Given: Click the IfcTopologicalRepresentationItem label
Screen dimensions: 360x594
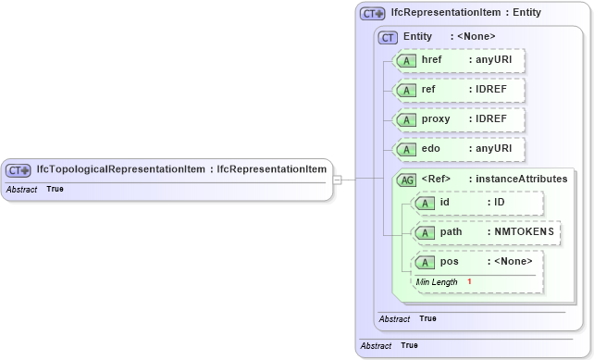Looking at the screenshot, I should [121, 169].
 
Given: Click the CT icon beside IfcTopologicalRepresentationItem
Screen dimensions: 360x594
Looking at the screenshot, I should [19, 170].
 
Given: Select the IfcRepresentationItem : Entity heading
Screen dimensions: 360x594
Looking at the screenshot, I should [466, 13].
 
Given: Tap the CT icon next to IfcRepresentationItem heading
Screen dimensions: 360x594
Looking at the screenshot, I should [373, 14].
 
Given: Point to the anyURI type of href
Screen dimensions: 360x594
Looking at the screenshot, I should [493, 60].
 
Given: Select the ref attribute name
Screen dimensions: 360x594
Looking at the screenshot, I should [428, 90].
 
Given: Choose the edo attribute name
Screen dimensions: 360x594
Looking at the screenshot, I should [430, 149].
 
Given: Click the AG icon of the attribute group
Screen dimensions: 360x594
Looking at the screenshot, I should [406, 180].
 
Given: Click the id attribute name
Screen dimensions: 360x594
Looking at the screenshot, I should [444, 202].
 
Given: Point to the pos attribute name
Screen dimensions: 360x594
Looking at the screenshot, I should [449, 262].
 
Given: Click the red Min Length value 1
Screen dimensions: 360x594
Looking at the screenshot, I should [469, 281].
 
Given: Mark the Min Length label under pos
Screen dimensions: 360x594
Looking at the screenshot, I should [437, 281].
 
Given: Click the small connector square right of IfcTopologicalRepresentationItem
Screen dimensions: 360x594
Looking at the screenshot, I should [339, 180].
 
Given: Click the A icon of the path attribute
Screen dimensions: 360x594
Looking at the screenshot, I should [424, 232].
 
